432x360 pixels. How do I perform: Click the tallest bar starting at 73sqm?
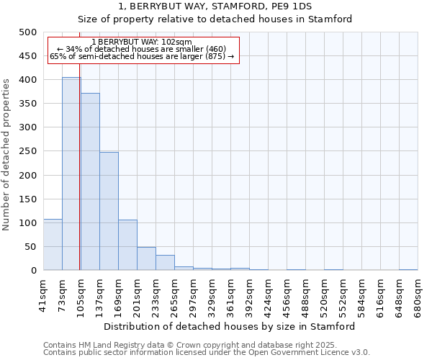point(71,174)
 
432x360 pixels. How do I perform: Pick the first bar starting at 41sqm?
point(53,245)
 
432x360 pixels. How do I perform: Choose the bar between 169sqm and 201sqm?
point(127,245)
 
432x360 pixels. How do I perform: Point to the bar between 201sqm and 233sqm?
point(146,258)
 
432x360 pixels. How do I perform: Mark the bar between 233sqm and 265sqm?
point(165,263)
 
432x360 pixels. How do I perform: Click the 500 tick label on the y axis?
point(28,32)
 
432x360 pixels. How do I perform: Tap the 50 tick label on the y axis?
point(30,247)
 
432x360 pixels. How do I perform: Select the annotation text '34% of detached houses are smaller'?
point(142,49)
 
